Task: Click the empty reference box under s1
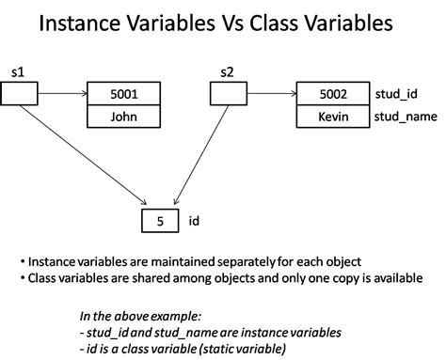(x=19, y=93)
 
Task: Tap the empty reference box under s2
(x=227, y=93)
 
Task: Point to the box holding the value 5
(x=159, y=221)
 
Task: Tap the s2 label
(x=226, y=72)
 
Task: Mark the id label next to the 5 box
(x=192, y=222)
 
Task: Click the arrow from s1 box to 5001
(x=62, y=93)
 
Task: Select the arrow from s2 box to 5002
(x=271, y=93)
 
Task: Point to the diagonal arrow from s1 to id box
(x=85, y=155)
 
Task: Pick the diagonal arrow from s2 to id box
(x=194, y=155)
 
